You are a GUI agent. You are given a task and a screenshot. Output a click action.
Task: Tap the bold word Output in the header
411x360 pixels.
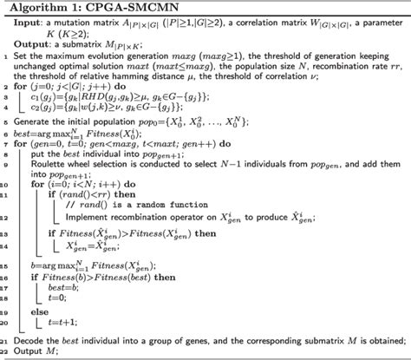[x=42, y=41]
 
